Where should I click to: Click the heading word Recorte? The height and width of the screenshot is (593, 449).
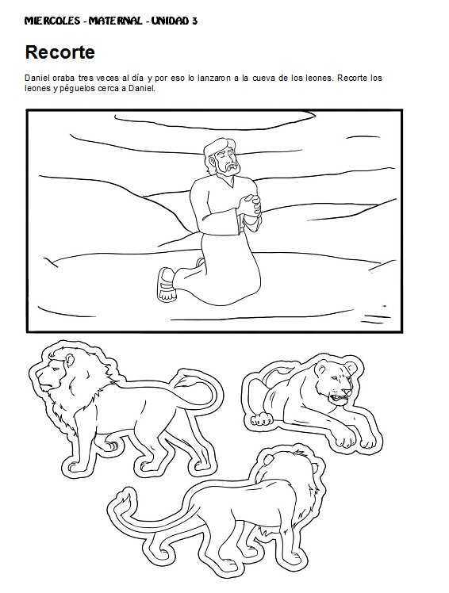click(60, 53)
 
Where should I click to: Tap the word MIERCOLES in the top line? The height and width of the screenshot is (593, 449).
click(52, 21)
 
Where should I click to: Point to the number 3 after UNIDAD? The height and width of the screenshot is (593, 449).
click(195, 21)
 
